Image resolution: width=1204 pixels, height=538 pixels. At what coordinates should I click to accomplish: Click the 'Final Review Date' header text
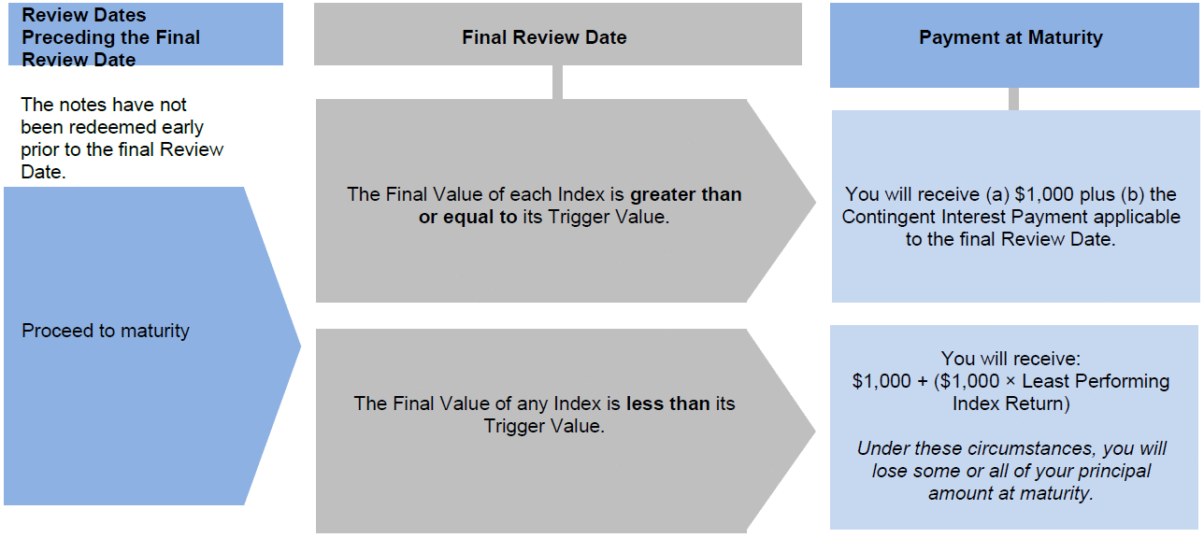pyautogui.click(x=544, y=37)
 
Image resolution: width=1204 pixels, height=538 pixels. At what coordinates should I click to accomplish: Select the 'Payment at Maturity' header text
pyautogui.click(x=1010, y=37)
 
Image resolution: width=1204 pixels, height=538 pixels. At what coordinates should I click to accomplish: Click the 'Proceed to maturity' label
pyautogui.click(x=106, y=331)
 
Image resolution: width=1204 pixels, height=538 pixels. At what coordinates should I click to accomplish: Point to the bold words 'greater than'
pyautogui.click(x=686, y=194)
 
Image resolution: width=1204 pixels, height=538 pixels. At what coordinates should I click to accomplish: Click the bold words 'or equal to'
pyautogui.click(x=467, y=217)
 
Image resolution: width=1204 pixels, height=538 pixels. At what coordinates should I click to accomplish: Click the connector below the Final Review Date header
pyautogui.click(x=557, y=82)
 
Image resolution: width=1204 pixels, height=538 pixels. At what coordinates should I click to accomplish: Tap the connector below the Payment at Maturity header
pyautogui.click(x=1013, y=99)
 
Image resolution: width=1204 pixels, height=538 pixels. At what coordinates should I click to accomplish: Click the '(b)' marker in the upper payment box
pyautogui.click(x=1134, y=194)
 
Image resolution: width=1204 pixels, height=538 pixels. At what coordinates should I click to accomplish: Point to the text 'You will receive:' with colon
pyautogui.click(x=1010, y=358)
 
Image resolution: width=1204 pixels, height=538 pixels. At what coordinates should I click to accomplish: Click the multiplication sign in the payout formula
pyautogui.click(x=1010, y=381)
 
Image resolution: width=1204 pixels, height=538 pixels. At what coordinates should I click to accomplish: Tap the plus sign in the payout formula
pyautogui.click(x=923, y=381)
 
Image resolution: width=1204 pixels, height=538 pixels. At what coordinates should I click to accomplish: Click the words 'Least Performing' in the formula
pyautogui.click(x=1096, y=381)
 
